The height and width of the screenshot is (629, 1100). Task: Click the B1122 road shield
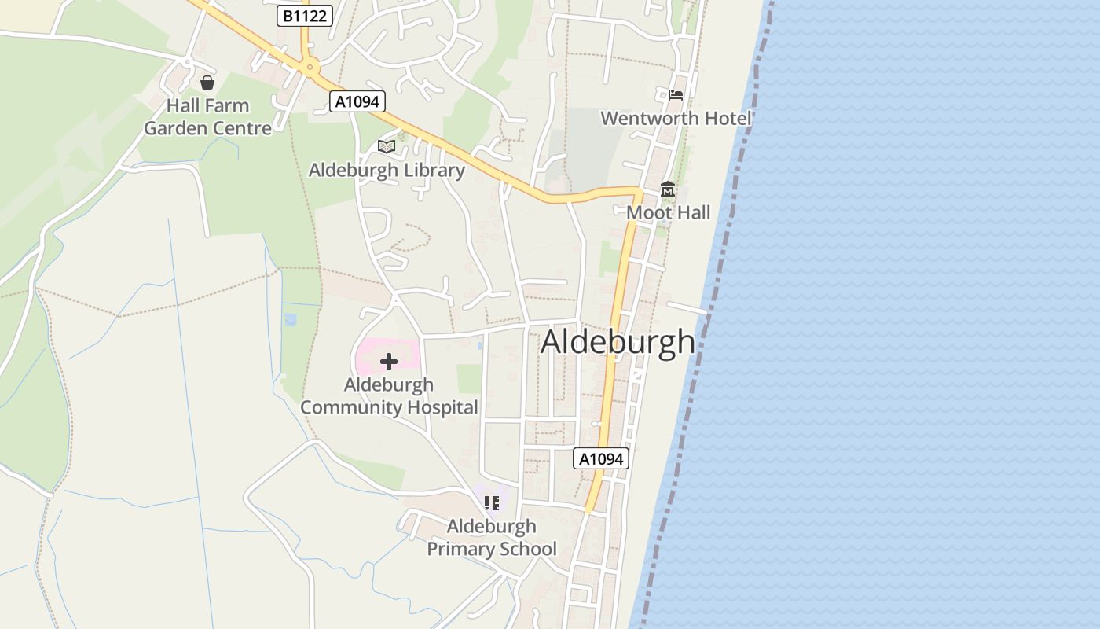pos(305,15)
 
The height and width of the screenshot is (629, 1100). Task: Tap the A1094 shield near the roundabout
pos(357,101)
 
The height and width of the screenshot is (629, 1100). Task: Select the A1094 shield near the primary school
pos(601,458)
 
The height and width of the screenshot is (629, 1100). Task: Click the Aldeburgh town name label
pos(618,342)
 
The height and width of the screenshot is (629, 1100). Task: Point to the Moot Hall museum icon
pos(668,189)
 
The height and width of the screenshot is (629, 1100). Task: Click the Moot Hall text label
pos(668,212)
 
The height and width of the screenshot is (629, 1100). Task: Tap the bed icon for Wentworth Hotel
pos(676,96)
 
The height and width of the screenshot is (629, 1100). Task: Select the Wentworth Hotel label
pos(676,118)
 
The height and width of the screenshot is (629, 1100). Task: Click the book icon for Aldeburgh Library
pos(386,147)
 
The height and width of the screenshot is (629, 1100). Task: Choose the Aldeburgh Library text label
pos(387,170)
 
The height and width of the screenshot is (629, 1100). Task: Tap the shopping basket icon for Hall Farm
pos(207,83)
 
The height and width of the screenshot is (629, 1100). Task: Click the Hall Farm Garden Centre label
pos(207,116)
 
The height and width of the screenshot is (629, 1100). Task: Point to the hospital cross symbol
pos(389,362)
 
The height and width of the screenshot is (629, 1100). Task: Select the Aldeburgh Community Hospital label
pos(389,395)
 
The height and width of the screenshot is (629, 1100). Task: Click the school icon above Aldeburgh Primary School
pos(492,503)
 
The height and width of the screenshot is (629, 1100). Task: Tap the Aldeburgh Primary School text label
pos(492,537)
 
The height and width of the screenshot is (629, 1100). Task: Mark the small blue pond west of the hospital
pos(291,319)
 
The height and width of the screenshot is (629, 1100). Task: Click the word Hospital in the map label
pos(438,407)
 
